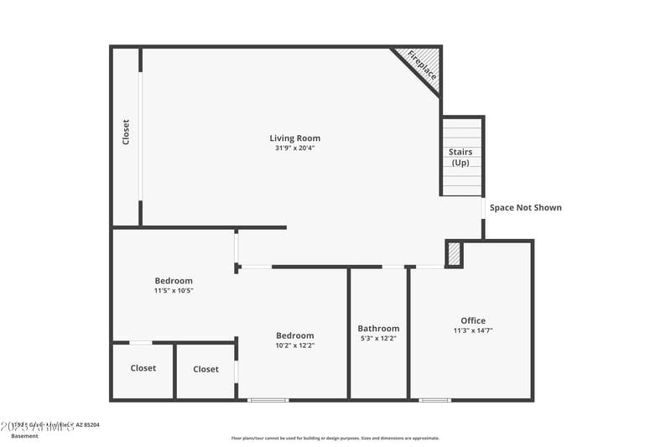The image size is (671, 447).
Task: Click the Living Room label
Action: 294,138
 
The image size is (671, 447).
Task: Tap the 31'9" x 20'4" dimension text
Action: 294,148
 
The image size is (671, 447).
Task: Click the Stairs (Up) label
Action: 460,158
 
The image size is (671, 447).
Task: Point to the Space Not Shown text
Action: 526,208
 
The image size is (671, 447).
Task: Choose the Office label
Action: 473,320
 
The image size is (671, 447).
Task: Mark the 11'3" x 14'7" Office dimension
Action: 473,330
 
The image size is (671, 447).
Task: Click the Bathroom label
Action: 378,329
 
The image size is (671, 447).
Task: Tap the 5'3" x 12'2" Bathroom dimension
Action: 378,339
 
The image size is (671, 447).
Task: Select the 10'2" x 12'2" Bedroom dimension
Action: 295,346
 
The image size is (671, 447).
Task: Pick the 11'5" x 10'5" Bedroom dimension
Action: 174,291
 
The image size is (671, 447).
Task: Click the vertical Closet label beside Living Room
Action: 127,133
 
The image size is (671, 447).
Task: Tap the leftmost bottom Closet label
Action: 143,368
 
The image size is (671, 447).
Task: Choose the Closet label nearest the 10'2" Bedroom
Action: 205,369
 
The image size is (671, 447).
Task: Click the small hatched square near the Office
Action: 454,254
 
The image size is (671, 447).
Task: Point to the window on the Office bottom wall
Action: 434,400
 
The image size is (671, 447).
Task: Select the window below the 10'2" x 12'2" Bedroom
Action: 268,400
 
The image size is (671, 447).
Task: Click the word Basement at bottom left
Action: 25,436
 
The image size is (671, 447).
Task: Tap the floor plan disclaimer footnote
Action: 335,438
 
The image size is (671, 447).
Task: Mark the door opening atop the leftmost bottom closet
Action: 141,342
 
